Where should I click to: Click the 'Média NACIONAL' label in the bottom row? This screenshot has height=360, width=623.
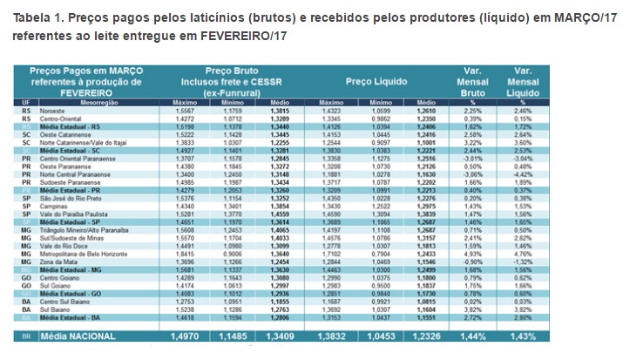(x=87, y=334)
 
